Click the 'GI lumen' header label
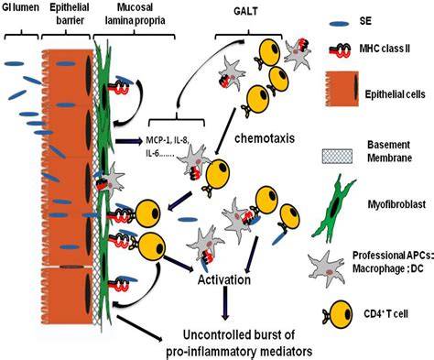(21, 7)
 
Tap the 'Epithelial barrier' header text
(70, 14)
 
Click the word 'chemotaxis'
(265, 138)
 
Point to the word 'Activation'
(224, 279)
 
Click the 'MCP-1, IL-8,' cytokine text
(168, 140)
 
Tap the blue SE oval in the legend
(339, 24)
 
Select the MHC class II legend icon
(339, 49)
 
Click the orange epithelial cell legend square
(342, 89)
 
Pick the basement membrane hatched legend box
(337, 156)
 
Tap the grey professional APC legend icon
(326, 268)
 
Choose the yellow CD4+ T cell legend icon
(337, 314)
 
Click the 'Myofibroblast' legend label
(396, 204)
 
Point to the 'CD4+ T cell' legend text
(385, 313)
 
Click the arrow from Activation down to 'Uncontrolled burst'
(225, 303)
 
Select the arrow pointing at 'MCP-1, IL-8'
(129, 141)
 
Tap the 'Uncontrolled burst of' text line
(239, 335)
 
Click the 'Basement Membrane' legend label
(389, 151)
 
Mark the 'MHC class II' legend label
(384, 49)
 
